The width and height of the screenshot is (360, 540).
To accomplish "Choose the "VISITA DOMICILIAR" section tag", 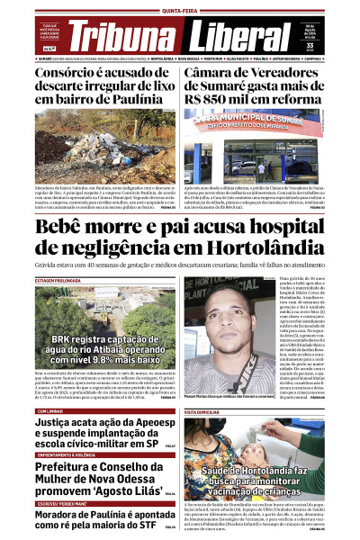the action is coord(207,410).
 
